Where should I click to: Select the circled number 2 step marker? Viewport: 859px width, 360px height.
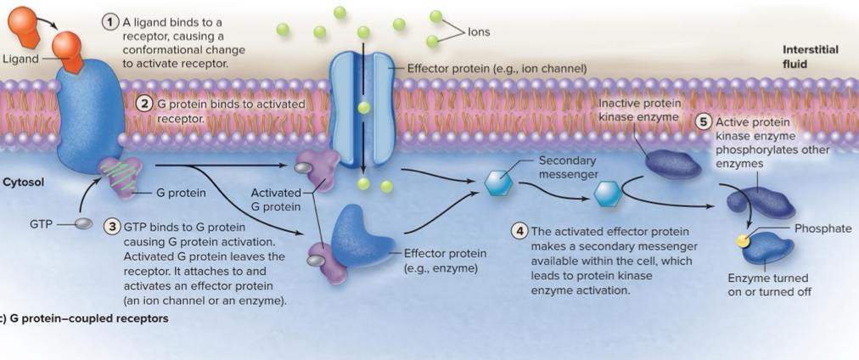click(x=144, y=104)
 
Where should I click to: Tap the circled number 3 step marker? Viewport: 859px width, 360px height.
click(x=111, y=227)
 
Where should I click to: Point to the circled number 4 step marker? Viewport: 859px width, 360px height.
click(x=519, y=231)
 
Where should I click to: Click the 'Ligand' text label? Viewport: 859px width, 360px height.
click(x=20, y=59)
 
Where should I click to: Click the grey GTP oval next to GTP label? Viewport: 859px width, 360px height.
click(x=83, y=224)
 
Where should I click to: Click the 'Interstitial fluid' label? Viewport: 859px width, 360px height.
click(x=810, y=56)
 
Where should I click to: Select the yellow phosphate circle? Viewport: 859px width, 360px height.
click(x=743, y=242)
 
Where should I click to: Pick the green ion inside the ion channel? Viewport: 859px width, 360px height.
click(x=363, y=108)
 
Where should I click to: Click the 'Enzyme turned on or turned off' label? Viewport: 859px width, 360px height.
click(x=768, y=284)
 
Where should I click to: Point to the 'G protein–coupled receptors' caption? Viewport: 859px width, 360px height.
click(x=85, y=319)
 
